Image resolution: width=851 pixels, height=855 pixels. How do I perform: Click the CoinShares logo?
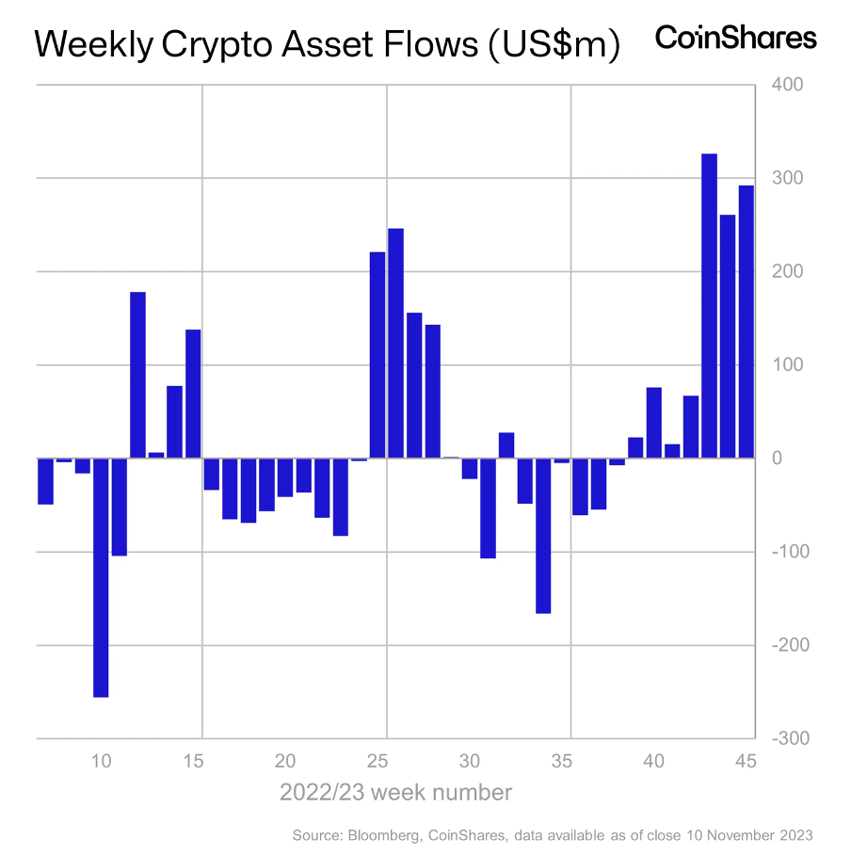(x=735, y=38)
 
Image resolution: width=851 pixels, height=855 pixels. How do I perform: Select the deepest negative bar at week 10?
(x=101, y=577)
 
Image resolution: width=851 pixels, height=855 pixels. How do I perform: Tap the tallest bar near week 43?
(x=709, y=306)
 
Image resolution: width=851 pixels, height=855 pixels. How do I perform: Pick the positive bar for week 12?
(x=137, y=375)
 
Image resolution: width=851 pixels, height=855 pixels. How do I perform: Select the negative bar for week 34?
(x=543, y=536)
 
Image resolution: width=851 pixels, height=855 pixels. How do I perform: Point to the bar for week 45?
(x=746, y=321)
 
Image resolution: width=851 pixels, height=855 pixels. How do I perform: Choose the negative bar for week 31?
(x=488, y=508)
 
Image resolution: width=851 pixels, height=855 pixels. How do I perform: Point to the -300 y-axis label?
(x=787, y=738)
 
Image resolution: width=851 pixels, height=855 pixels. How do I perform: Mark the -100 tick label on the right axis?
(x=787, y=552)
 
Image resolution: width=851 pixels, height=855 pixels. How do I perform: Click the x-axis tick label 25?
(x=377, y=761)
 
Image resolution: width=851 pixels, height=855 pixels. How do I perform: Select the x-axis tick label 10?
(x=101, y=761)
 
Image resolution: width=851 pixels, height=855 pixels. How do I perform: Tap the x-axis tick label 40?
(x=654, y=761)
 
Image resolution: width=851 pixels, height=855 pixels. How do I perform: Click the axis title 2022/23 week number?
(x=395, y=793)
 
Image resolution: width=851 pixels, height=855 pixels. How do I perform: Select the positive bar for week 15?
(x=193, y=394)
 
